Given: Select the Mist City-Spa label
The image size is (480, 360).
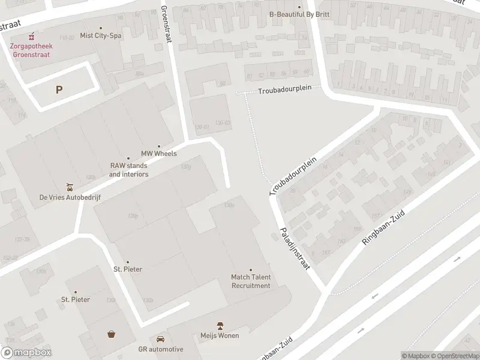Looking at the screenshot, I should pos(100,36).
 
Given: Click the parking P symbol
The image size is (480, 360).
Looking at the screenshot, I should pos(59,90).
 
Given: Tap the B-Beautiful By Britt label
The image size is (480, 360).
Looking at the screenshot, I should pos(299,15).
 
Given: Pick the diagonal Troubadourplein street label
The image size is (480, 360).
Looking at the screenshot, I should pos(293,176).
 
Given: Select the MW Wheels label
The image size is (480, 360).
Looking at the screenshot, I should pos(159,154).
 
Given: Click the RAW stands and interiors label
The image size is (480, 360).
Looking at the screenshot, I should pos(128,170).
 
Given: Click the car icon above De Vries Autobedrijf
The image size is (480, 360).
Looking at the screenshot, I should pos(70,186).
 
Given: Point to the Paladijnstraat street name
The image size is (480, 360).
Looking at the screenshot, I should pos(295,248).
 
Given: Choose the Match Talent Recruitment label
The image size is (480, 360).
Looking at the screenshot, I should pos(251,281).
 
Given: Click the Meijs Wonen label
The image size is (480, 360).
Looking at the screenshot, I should pos(220,335).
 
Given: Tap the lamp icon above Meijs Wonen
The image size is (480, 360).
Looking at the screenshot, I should pos(220,325).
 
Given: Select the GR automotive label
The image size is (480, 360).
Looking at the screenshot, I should pos(160,349).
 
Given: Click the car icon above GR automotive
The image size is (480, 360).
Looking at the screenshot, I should pos(160,339).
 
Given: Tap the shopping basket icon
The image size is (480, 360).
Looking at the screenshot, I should pos(112,334).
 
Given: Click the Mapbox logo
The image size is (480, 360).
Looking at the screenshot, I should pos(26,353).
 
